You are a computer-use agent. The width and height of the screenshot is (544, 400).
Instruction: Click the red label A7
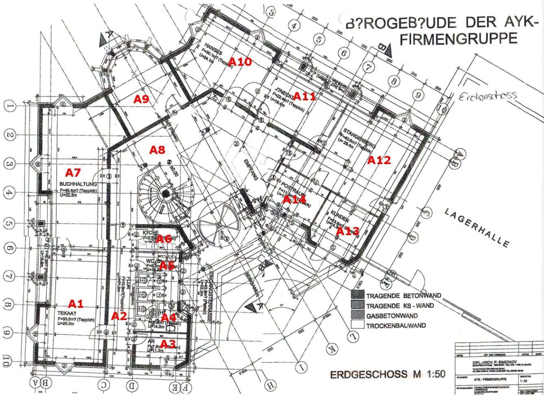[73, 172]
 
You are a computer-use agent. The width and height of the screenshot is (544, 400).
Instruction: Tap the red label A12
[379, 160]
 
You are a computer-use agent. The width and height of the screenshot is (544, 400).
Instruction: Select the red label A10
[240, 62]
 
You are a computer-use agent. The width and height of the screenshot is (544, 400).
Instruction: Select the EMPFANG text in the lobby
[251, 170]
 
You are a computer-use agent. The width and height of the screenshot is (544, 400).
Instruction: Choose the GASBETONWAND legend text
[392, 316]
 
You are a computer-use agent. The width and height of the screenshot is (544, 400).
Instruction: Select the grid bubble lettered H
[269, 385]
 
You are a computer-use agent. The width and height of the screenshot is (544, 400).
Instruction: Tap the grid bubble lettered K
[330, 349]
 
